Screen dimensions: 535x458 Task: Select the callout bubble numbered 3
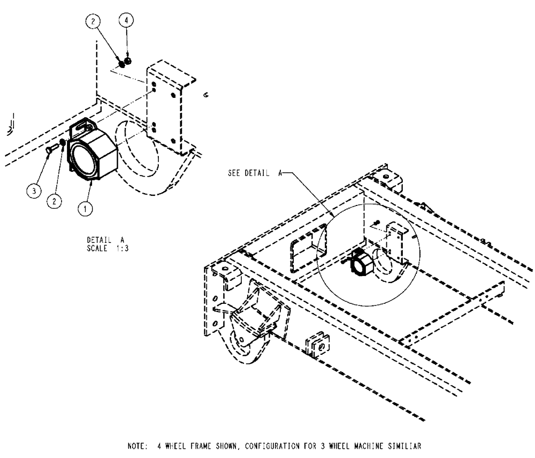tap(34, 190)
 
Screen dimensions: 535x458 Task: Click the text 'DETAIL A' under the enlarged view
tap(105, 240)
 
